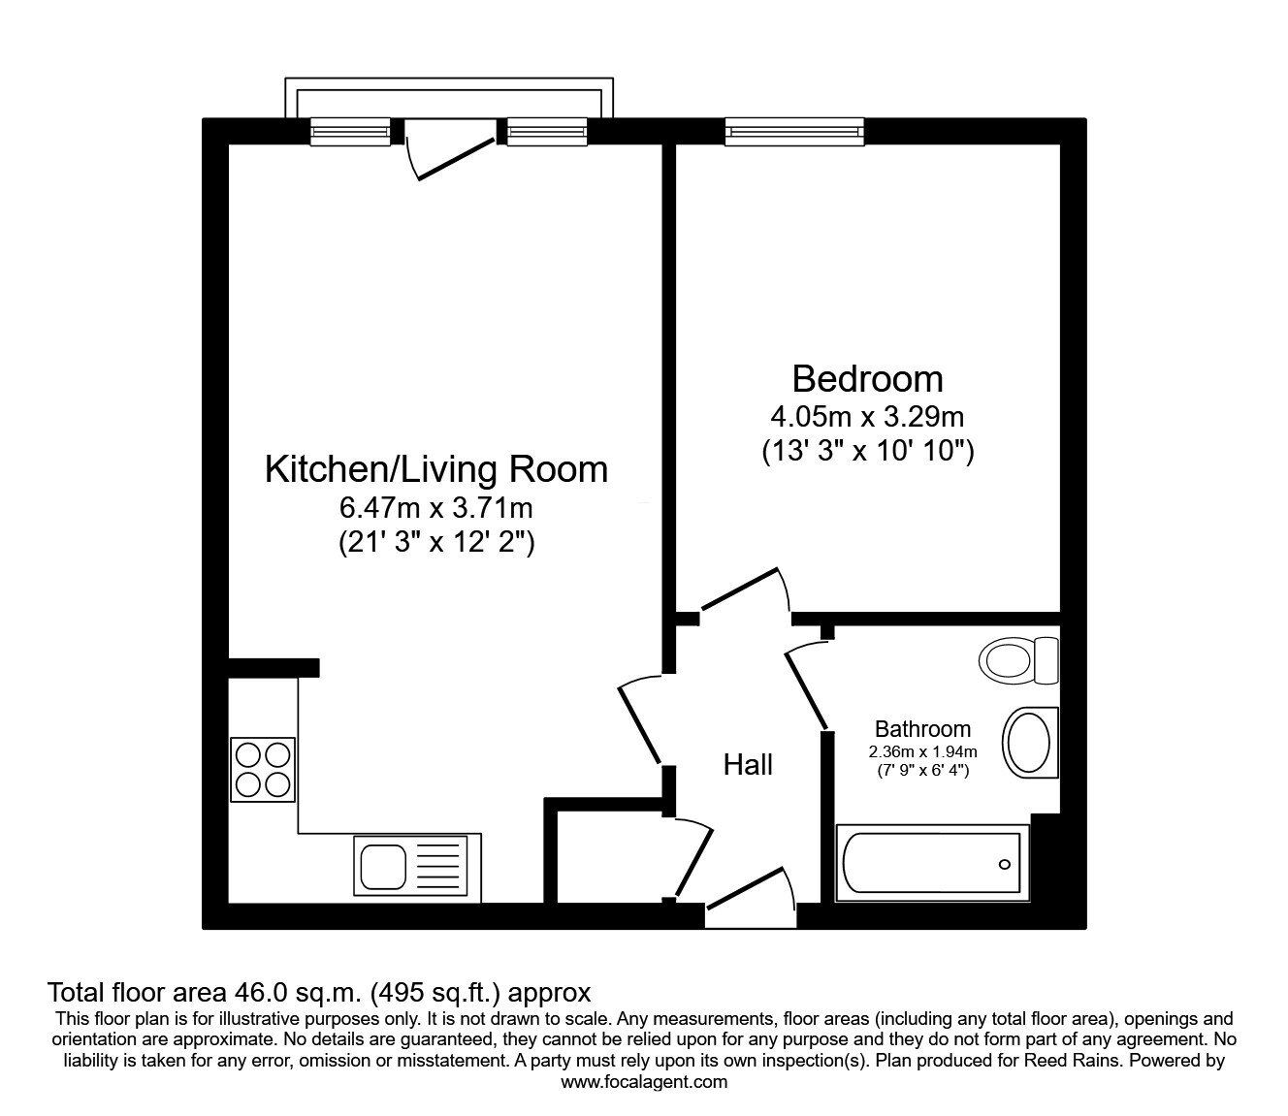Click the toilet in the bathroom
pyautogui.click(x=1017, y=661)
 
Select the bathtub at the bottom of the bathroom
pyautogui.click(x=931, y=863)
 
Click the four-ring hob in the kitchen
pyautogui.click(x=262, y=770)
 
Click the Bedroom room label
pyautogui.click(x=867, y=378)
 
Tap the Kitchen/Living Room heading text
pyautogui.click(x=435, y=469)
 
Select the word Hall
pyautogui.click(x=748, y=765)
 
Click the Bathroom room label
pyautogui.click(x=922, y=729)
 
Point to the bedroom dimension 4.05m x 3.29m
pyautogui.click(x=867, y=417)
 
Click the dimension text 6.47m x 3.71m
pyautogui.click(x=435, y=507)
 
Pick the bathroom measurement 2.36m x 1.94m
pyautogui.click(x=922, y=751)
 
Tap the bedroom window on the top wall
pyautogui.click(x=794, y=131)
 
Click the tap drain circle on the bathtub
pyautogui.click(x=1004, y=864)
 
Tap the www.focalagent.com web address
pyautogui.click(x=644, y=1082)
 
